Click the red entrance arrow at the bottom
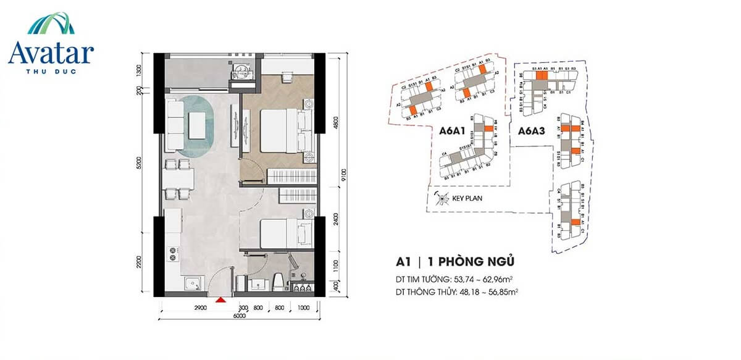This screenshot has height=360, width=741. click(220, 301)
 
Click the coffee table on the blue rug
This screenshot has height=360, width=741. click(198, 125)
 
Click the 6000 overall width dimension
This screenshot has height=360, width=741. click(240, 316)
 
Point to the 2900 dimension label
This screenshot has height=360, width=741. click(182, 307)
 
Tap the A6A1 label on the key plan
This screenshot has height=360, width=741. click(453, 131)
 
